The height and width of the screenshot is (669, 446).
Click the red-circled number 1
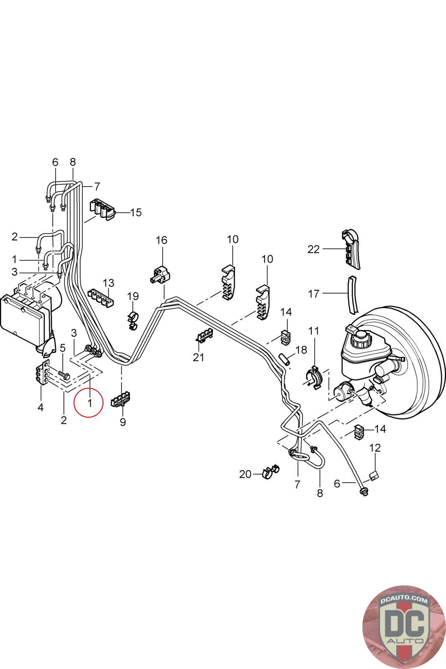pyautogui.click(x=89, y=403)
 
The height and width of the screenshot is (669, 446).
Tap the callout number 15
pyautogui.click(x=136, y=212)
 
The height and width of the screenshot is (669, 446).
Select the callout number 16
pyautogui.click(x=161, y=240)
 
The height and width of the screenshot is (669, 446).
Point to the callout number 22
pyautogui.click(x=313, y=250)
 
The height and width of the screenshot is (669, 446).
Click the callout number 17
pyautogui.click(x=313, y=294)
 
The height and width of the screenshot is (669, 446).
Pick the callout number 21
pyautogui.click(x=199, y=357)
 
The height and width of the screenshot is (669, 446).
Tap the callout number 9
pyautogui.click(x=122, y=422)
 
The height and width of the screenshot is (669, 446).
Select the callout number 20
pyautogui.click(x=245, y=474)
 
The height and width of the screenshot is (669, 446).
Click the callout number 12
pyautogui.click(x=375, y=448)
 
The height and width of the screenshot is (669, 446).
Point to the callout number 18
pyautogui.click(x=301, y=350)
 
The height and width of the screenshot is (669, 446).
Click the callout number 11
pyautogui.click(x=313, y=331)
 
